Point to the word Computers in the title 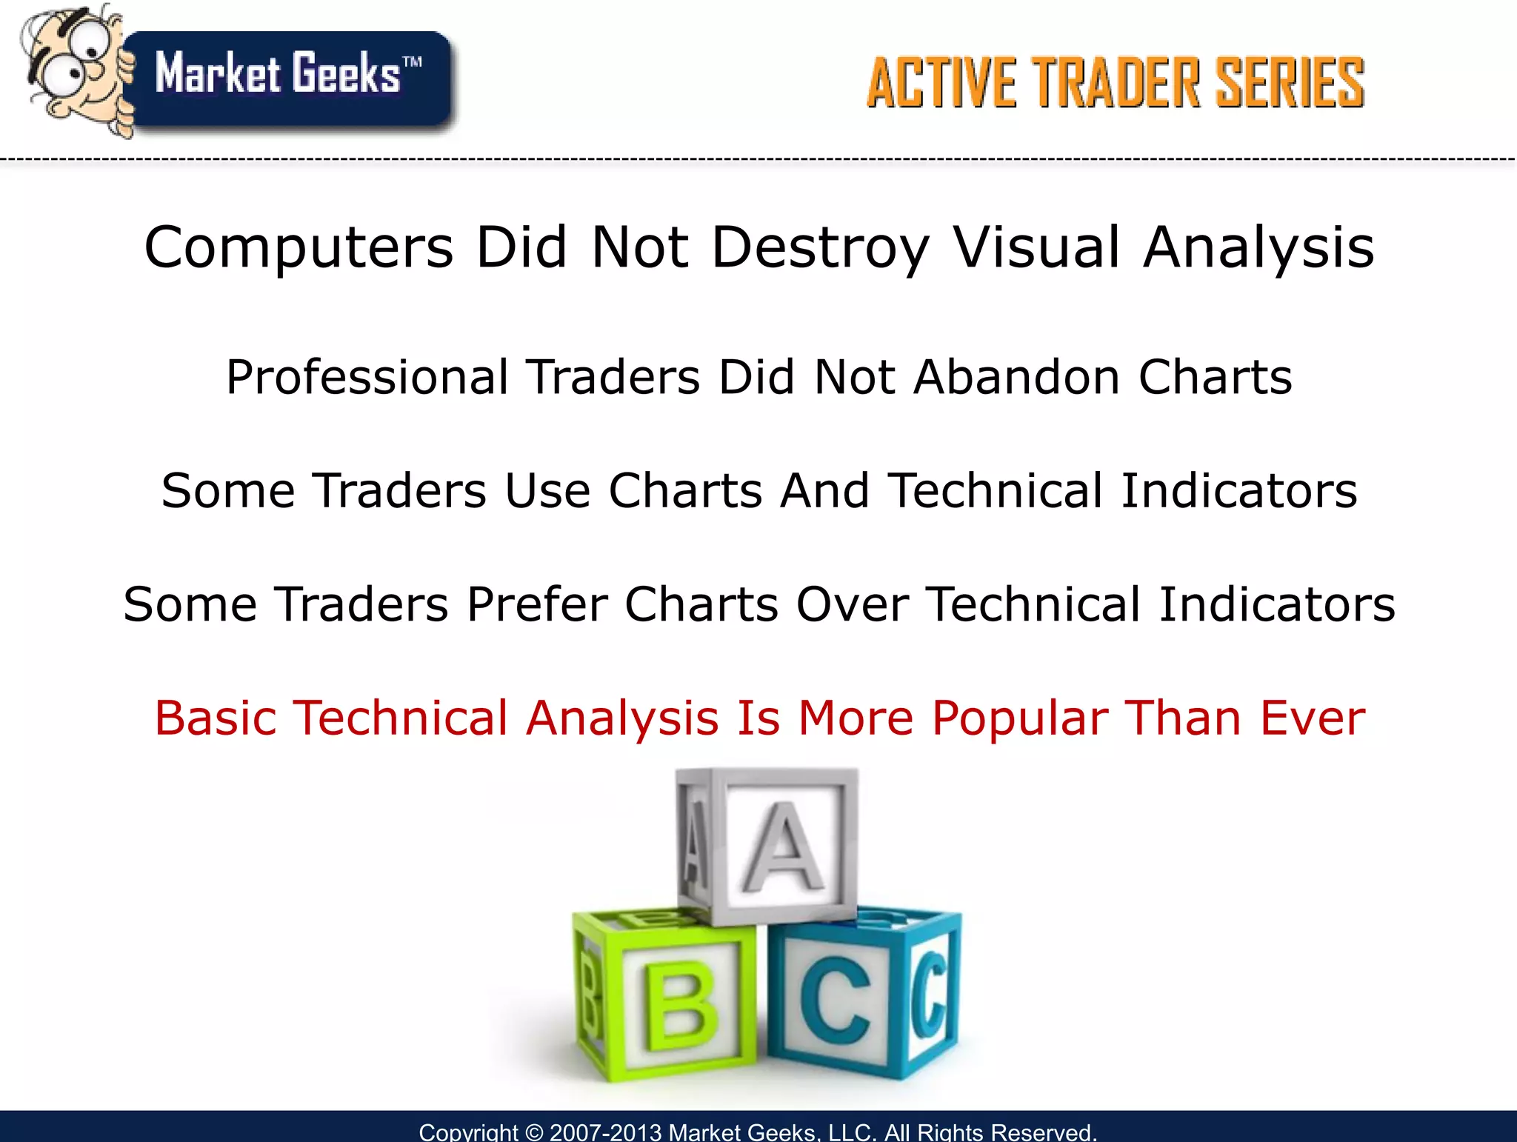(299, 248)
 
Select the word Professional (367, 378)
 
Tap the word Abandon (1017, 378)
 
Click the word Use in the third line (547, 491)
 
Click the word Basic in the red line (216, 718)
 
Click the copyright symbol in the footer (533, 1132)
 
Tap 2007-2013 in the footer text (605, 1132)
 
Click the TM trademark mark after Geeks (413, 62)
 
